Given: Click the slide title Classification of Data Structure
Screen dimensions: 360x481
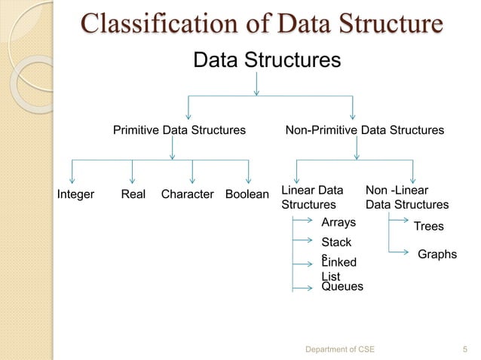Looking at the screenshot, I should (261, 24).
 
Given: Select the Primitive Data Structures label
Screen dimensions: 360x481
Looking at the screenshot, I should (179, 130).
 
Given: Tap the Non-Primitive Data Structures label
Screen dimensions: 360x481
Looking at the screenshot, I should (364, 130).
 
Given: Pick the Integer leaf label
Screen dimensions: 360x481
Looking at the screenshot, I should (76, 194).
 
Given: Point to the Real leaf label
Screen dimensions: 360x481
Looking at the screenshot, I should (133, 194).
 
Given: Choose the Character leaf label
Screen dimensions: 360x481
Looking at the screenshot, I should (188, 194).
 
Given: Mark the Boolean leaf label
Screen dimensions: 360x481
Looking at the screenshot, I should (247, 194).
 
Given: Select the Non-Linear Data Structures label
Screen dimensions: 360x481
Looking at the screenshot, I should (406, 197).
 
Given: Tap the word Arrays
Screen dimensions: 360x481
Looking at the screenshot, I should (339, 222).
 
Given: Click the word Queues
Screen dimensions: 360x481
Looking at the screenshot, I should (342, 287).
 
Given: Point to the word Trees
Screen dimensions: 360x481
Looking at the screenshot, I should (429, 226).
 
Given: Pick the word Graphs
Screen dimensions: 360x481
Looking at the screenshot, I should (437, 255).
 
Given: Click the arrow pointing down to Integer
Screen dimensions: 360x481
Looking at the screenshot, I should (72, 173).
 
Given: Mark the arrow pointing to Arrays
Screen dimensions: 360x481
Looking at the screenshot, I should (305, 221).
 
